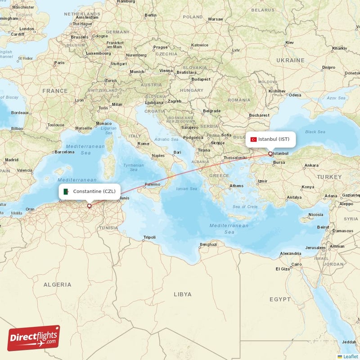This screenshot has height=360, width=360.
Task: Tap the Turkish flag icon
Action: [x=254, y=139]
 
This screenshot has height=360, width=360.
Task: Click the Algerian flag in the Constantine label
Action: [x=67, y=192]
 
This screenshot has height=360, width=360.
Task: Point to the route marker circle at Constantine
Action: [x=89, y=206]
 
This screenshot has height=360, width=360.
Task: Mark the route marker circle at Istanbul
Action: [x=270, y=154]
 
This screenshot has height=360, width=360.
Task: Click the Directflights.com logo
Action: [x=34, y=338]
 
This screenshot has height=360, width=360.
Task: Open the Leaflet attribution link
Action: [x=350, y=356]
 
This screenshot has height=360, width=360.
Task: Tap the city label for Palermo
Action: [x=152, y=184]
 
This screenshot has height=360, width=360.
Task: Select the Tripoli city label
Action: [x=149, y=237]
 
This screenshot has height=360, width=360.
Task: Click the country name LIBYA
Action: [x=182, y=294]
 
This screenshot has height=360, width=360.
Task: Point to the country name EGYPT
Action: [x=280, y=299]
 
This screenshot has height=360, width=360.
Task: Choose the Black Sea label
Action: [x=315, y=132]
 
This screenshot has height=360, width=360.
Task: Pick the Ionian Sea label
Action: [x=187, y=189]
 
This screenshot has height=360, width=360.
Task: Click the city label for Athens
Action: [x=236, y=185]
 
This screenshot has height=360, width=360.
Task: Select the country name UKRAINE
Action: [x=290, y=60]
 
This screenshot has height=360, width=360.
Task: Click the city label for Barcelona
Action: [x=63, y=152]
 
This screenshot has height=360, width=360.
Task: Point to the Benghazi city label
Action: [x=208, y=244]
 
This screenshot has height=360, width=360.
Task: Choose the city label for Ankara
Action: [x=311, y=166]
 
